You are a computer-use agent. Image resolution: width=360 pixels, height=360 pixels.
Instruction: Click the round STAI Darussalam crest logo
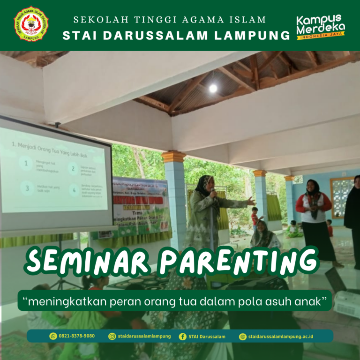(x=31, y=24)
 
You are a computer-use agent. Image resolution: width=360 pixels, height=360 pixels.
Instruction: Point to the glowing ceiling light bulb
(x=213, y=88)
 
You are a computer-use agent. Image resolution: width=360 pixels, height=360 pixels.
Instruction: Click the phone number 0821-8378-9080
(x=76, y=336)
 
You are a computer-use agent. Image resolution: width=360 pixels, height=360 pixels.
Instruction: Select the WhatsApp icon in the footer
(x=53, y=336)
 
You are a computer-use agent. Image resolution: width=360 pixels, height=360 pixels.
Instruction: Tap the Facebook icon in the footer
(x=182, y=336)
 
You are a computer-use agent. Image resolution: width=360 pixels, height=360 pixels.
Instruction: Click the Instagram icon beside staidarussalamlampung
(x=112, y=336)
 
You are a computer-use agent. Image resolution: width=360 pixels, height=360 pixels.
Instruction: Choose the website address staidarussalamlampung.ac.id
(x=281, y=336)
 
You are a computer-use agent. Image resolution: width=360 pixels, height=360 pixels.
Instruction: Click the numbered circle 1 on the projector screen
(x=26, y=163)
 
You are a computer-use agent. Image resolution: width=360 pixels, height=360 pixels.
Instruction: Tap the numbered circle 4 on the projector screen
(x=74, y=190)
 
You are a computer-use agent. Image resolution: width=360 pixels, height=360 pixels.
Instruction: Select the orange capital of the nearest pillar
(x=174, y=157)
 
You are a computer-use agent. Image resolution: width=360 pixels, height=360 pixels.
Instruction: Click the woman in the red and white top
(x=314, y=206)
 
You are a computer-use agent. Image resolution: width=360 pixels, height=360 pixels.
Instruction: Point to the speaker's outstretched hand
(x=252, y=202)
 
